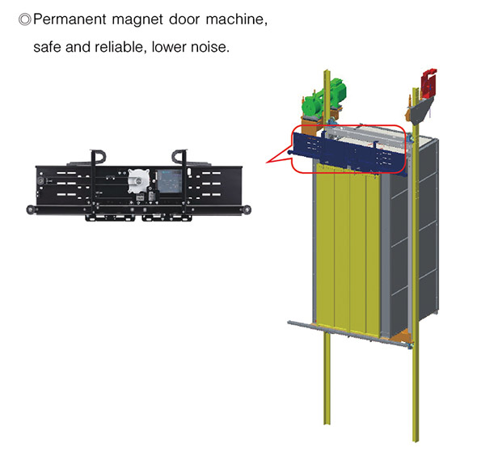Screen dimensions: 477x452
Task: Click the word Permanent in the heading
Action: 70,19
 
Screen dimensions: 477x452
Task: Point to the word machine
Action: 236,19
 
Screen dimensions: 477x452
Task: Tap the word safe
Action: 47,47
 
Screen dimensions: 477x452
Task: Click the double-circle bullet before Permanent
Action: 24,19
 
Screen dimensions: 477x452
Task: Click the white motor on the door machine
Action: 138,181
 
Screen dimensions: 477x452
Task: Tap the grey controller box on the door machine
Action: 170,181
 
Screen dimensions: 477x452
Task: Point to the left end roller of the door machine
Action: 31,210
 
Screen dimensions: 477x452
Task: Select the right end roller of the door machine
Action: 247,210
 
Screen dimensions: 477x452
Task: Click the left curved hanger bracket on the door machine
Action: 97,158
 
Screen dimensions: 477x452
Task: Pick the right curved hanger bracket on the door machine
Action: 180,158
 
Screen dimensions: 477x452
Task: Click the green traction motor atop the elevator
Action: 323,97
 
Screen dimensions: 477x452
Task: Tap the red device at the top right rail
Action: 428,83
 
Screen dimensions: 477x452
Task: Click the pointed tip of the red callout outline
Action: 267,163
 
